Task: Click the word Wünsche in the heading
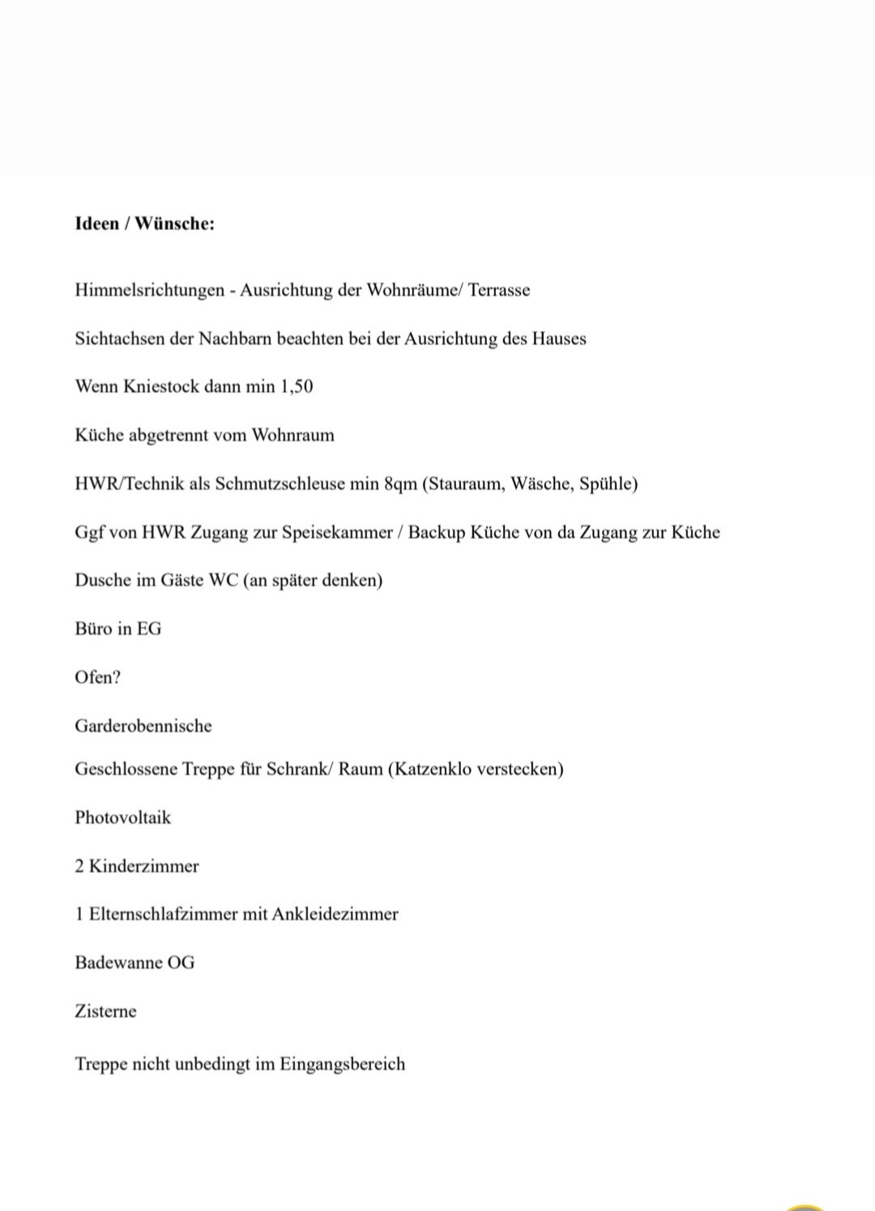tap(173, 224)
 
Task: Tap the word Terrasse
tap(499, 290)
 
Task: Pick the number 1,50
tap(297, 386)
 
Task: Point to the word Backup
tap(437, 532)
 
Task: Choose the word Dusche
tap(103, 580)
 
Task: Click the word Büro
tap(92, 629)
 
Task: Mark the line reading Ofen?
tap(98, 677)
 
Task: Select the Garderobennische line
tap(143, 726)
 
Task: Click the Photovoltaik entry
tap(123, 817)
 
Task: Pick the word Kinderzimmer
tap(143, 866)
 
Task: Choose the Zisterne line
tap(105, 1011)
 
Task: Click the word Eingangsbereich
tap(342, 1064)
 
